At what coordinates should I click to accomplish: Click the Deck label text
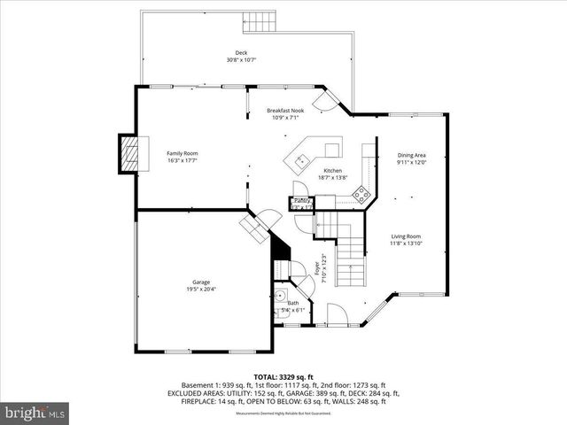241,53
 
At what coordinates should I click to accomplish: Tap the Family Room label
183,153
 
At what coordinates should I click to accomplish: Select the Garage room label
201,282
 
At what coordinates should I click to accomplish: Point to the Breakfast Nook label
283,110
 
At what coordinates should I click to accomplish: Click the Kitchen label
332,170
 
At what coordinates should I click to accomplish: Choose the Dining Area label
411,155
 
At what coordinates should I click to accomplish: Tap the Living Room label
406,236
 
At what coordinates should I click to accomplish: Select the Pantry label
301,200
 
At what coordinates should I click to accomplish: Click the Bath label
293,303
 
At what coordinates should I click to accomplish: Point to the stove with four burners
361,197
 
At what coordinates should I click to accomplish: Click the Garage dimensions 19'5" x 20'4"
201,290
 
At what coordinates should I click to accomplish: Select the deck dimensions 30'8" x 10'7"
241,60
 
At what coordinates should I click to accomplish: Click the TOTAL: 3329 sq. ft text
283,376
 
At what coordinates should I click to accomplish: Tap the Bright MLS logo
35,412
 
